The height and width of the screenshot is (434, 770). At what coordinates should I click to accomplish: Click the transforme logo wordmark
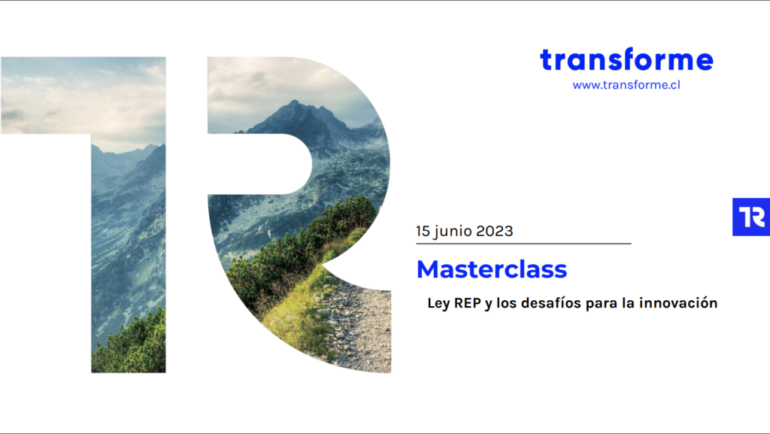coord(626,59)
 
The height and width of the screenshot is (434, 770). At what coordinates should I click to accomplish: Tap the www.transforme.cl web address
coord(626,85)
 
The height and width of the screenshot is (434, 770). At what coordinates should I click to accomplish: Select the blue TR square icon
coord(751,217)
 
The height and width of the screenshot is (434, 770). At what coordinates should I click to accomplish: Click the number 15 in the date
coord(423,231)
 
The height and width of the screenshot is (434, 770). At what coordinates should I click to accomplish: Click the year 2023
coord(495,231)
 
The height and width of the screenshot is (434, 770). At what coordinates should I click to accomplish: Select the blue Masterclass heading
coord(492,269)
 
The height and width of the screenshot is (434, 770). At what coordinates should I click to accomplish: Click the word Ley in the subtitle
coord(438,303)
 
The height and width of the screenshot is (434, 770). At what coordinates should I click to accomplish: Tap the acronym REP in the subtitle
coord(468,303)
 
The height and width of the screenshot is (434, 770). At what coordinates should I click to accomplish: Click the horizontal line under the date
coord(523,244)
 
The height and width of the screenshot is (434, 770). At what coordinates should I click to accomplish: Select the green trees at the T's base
coord(130,344)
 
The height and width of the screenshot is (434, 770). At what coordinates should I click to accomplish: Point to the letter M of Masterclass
coord(429,269)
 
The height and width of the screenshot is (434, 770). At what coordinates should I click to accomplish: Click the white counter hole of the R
coord(260,164)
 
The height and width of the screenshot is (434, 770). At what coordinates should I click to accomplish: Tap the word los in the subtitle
coord(506,302)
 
